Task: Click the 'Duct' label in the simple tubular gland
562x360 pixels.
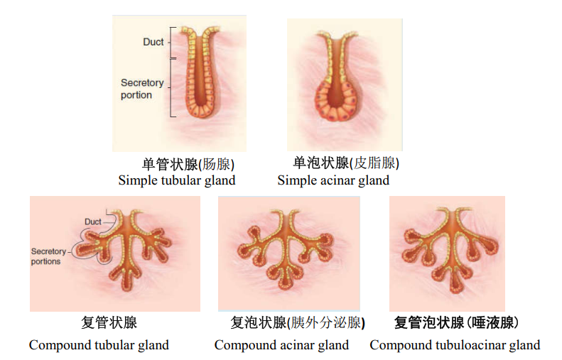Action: pyautogui.click(x=153, y=42)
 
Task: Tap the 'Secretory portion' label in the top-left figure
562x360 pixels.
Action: pyautogui.click(x=141, y=89)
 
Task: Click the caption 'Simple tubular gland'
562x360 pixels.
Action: pyautogui.click(x=177, y=180)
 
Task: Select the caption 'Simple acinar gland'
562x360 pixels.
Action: pyautogui.click(x=333, y=180)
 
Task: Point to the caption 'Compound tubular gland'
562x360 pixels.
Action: pyautogui.click(x=99, y=345)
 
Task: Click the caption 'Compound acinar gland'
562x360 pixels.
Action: pyautogui.click(x=281, y=345)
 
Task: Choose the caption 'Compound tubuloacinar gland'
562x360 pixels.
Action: pyautogui.click(x=455, y=345)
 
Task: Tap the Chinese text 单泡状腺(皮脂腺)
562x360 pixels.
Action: pyautogui.click(x=346, y=163)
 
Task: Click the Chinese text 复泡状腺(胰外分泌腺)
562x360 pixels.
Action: pyautogui.click(x=298, y=324)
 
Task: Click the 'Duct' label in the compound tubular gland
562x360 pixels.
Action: pyautogui.click(x=93, y=222)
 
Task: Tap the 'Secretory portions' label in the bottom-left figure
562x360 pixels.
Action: pyautogui.click(x=48, y=256)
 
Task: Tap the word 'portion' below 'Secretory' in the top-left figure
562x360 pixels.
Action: pyautogui.click(x=136, y=95)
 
